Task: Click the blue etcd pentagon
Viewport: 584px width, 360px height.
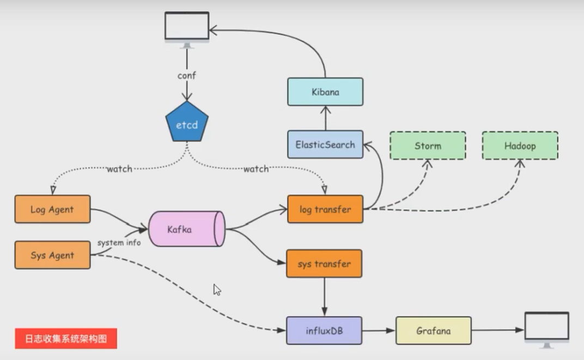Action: pyautogui.click(x=187, y=125)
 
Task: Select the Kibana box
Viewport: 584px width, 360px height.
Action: pyautogui.click(x=325, y=91)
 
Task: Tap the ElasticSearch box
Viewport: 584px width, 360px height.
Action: pyautogui.click(x=325, y=144)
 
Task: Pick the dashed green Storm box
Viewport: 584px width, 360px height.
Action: pyautogui.click(x=428, y=145)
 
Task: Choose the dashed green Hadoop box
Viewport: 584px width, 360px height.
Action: pyautogui.click(x=520, y=145)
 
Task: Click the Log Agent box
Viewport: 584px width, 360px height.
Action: pyautogui.click(x=52, y=209)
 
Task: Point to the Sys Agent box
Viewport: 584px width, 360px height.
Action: pyautogui.click(x=52, y=255)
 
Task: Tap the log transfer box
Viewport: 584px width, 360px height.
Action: pyautogui.click(x=325, y=209)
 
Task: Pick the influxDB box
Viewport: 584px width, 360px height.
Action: pyautogui.click(x=324, y=330)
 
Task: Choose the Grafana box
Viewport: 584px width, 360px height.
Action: pyautogui.click(x=434, y=330)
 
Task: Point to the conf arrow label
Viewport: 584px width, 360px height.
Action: pyautogui.click(x=187, y=76)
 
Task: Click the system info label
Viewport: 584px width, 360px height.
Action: pyautogui.click(x=119, y=243)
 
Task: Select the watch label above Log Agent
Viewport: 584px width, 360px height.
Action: pyautogui.click(x=119, y=169)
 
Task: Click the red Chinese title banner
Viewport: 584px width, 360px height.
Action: pyautogui.click(x=66, y=338)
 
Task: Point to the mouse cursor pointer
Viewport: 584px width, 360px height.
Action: pyautogui.click(x=216, y=289)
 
